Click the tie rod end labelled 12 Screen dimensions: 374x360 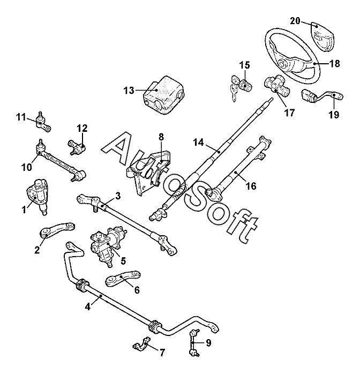point(80,146)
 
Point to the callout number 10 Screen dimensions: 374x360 point(26,167)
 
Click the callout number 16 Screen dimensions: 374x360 point(250,186)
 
